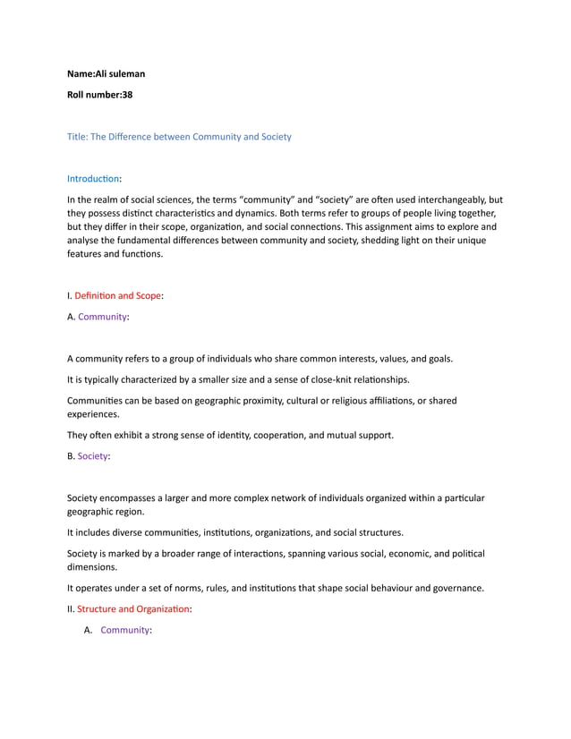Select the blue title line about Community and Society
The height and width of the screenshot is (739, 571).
pyautogui.click(x=179, y=137)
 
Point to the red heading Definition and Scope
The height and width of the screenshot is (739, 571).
pyautogui.click(x=117, y=295)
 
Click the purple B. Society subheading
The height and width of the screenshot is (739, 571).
pyautogui.click(x=92, y=456)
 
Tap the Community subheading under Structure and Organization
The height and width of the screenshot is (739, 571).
pyautogui.click(x=124, y=630)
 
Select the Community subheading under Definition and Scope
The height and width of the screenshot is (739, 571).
pyautogui.click(x=102, y=316)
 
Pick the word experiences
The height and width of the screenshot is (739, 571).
pyautogui.click(x=92, y=415)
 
